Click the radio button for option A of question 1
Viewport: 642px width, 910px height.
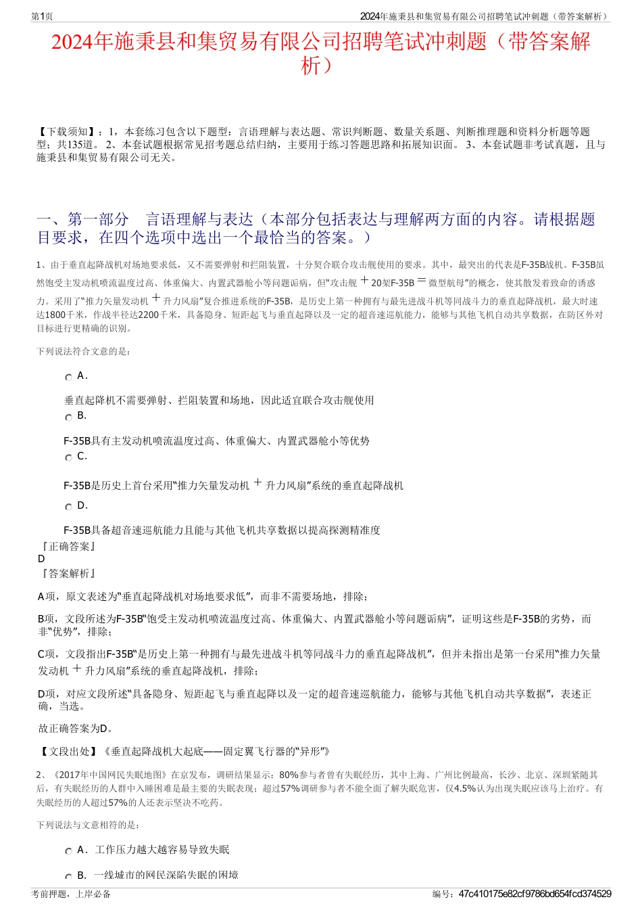pyautogui.click(x=68, y=378)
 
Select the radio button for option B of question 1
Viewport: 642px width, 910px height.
pyautogui.click(x=68, y=417)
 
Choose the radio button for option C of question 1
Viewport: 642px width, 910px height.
pyautogui.click(x=68, y=458)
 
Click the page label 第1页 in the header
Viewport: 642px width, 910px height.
pyautogui.click(x=42, y=16)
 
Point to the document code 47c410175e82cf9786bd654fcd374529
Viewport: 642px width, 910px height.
pyautogui.click(x=535, y=894)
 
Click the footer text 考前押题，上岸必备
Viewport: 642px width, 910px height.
pyautogui.click(x=71, y=894)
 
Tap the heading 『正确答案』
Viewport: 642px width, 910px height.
pyautogui.click(x=68, y=546)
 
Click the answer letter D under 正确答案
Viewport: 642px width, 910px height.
pyautogui.click(x=41, y=559)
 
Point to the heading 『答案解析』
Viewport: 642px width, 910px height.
pyautogui.click(x=68, y=573)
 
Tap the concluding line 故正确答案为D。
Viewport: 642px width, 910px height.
pyautogui.click(x=76, y=729)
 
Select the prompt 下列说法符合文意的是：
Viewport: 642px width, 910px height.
pyautogui.click(x=84, y=351)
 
